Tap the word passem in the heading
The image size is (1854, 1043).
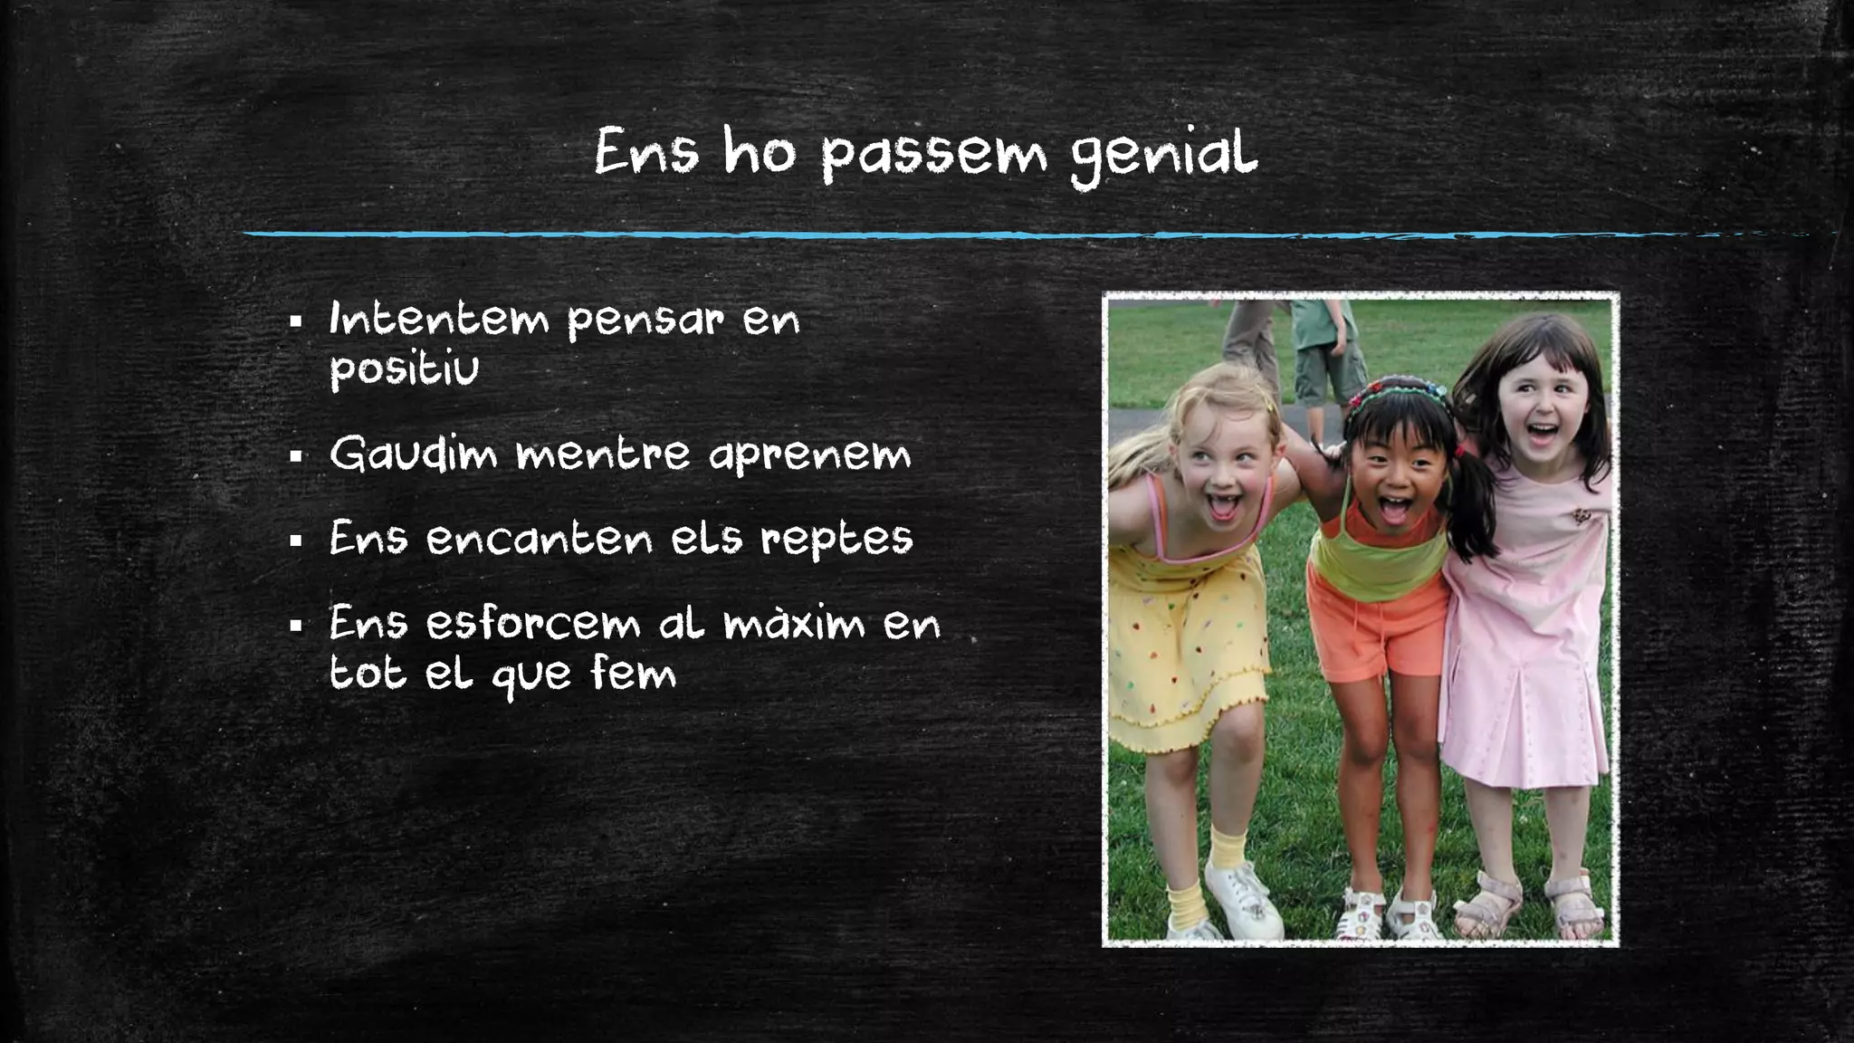pyautogui.click(x=933, y=156)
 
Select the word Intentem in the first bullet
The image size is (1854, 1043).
pyautogui.click(x=439, y=319)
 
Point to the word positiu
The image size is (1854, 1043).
pyautogui.click(x=404, y=369)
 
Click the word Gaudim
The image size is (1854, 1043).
pyautogui.click(x=413, y=454)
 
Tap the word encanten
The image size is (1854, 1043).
pyautogui.click(x=539, y=540)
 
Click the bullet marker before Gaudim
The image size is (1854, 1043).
pyautogui.click(x=295, y=455)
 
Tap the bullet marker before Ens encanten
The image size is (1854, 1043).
pyautogui.click(x=295, y=541)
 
